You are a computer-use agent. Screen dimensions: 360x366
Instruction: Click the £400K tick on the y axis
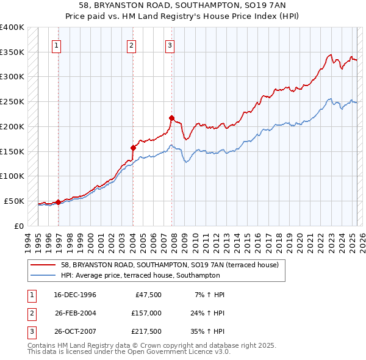[12, 27]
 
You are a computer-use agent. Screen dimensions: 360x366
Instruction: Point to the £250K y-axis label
[12, 102]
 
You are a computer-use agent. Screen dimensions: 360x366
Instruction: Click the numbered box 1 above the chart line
[56, 45]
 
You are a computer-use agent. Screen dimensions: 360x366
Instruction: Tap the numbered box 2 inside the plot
[131, 45]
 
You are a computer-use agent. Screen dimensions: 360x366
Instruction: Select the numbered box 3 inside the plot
[170, 45]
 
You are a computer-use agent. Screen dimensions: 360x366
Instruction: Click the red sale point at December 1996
[59, 202]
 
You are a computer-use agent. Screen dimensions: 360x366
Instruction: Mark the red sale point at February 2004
[133, 148]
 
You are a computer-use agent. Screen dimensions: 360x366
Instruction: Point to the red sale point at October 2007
[171, 118]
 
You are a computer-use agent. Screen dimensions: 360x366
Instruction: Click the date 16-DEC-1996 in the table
[75, 295]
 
